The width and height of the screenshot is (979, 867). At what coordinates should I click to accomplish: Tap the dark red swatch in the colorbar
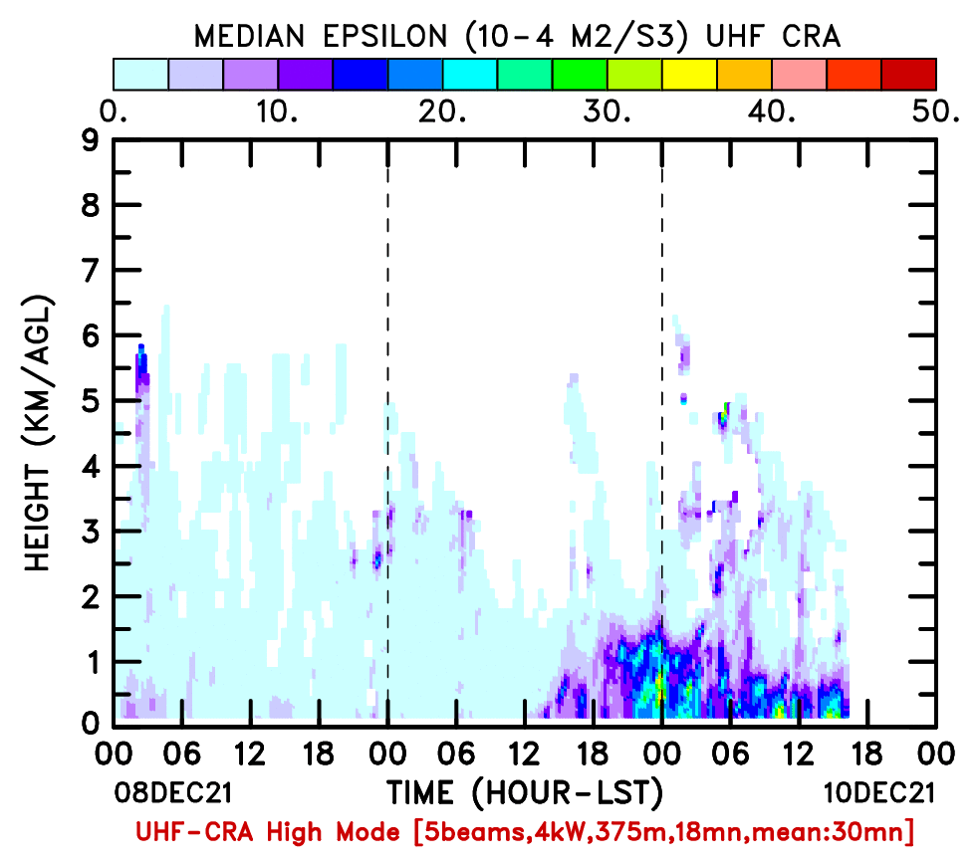[x=909, y=75]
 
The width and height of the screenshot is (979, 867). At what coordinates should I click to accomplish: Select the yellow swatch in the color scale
[x=689, y=75]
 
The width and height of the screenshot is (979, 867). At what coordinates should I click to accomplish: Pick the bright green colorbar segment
[x=580, y=75]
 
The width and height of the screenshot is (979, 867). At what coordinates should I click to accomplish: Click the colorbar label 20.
[x=442, y=111]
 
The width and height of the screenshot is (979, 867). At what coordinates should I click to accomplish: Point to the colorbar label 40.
[x=772, y=111]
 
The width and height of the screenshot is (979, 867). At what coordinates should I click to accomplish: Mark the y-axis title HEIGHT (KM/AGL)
[x=39, y=433]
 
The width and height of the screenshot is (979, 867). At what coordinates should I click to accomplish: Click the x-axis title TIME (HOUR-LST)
[x=525, y=792]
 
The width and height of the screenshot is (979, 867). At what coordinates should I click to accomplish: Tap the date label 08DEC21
[x=173, y=792]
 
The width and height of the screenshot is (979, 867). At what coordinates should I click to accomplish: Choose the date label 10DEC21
[x=879, y=792]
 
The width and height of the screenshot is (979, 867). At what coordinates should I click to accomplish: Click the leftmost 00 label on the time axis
[x=114, y=755]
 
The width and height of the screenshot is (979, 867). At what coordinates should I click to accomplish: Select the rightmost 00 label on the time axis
[x=936, y=755]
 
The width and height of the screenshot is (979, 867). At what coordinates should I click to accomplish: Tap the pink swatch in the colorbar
[x=799, y=75]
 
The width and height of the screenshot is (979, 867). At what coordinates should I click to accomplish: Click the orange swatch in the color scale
[x=744, y=75]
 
